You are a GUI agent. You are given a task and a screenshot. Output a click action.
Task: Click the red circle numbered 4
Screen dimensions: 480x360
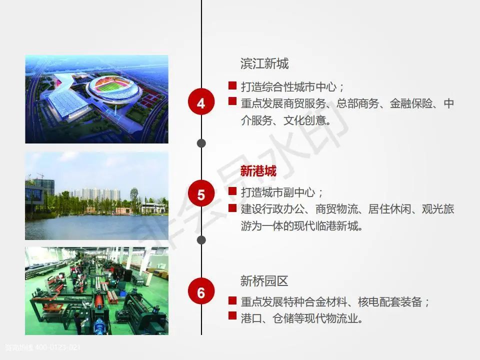(201, 101)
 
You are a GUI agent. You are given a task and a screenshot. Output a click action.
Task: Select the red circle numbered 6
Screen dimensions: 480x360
(201, 291)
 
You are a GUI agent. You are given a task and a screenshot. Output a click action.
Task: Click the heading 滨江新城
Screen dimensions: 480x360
(264, 63)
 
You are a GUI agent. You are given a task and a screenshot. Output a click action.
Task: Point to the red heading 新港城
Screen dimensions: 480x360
(258, 171)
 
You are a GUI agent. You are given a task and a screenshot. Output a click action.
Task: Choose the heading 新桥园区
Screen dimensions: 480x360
(264, 280)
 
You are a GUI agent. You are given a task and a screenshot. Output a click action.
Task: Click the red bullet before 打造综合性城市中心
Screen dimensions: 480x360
(232, 85)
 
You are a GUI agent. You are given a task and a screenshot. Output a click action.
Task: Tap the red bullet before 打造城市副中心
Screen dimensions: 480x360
(232, 191)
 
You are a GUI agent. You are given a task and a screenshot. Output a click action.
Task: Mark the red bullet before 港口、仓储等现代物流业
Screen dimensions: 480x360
(232, 315)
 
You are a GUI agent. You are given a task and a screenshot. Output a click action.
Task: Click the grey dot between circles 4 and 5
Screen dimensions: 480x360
(201, 143)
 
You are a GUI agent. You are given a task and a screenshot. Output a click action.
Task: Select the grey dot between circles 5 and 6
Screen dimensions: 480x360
(201, 240)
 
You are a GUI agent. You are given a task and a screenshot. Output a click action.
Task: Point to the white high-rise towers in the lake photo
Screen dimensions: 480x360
(94, 194)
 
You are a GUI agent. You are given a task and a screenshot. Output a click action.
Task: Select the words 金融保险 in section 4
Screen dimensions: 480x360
(411, 104)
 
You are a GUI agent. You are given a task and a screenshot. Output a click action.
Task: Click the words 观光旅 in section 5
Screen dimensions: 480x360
(438, 209)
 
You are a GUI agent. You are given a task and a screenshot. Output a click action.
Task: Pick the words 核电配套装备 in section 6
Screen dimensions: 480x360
(390, 302)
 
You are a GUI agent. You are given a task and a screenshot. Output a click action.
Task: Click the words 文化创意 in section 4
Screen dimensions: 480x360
(304, 120)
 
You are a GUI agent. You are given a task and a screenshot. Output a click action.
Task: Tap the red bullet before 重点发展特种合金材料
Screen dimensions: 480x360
(232, 300)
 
